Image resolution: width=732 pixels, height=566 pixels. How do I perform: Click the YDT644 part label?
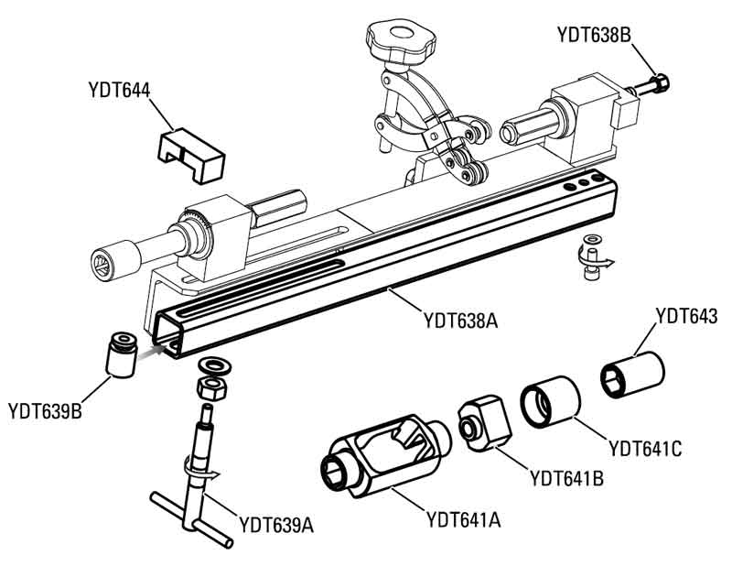coord(119,90)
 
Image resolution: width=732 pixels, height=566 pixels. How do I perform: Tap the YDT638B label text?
coord(594,35)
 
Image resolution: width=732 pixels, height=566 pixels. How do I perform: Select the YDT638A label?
coord(460,321)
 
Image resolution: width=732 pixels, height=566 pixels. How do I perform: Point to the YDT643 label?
coord(686,316)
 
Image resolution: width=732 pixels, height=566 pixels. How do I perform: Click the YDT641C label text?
coord(645,449)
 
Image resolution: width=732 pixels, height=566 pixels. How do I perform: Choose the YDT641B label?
coord(566,478)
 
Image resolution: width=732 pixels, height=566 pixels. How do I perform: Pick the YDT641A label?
coord(464,519)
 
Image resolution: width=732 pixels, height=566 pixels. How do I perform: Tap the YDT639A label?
coord(276,525)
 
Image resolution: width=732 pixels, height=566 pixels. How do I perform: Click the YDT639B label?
coord(45,411)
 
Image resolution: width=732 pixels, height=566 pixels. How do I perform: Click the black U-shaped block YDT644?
coord(191,155)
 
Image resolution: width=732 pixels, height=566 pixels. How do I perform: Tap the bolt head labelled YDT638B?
coord(661,83)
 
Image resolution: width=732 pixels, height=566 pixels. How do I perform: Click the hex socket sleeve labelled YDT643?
coord(631,376)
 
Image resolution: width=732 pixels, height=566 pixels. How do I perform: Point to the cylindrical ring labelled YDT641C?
coord(551,402)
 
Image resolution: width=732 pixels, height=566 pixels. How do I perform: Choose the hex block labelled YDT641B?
coord(484,423)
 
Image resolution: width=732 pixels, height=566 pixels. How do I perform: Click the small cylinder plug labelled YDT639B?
coord(122,354)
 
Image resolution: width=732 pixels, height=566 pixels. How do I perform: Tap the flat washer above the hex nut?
coord(214,365)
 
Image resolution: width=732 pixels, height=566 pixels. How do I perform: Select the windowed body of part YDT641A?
coord(385,456)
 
